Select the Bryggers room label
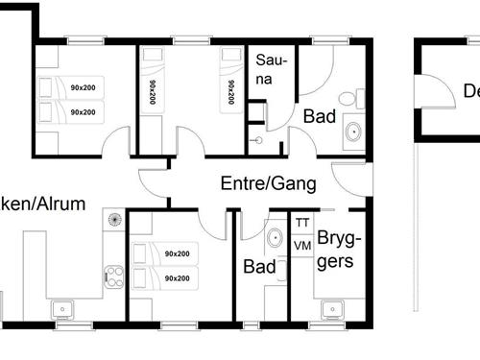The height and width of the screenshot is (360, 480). [x=337, y=249]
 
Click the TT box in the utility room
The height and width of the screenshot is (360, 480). [x=302, y=224]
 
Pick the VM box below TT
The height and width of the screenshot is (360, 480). [x=302, y=246]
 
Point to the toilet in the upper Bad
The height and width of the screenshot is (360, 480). [x=359, y=99]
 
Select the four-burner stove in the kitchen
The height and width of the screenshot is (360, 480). [x=114, y=276]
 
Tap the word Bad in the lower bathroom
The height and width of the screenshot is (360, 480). [x=259, y=265]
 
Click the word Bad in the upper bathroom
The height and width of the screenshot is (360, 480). [x=319, y=116]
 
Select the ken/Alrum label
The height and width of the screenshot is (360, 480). [x=43, y=204]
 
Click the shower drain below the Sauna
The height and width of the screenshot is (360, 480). [x=257, y=140]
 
